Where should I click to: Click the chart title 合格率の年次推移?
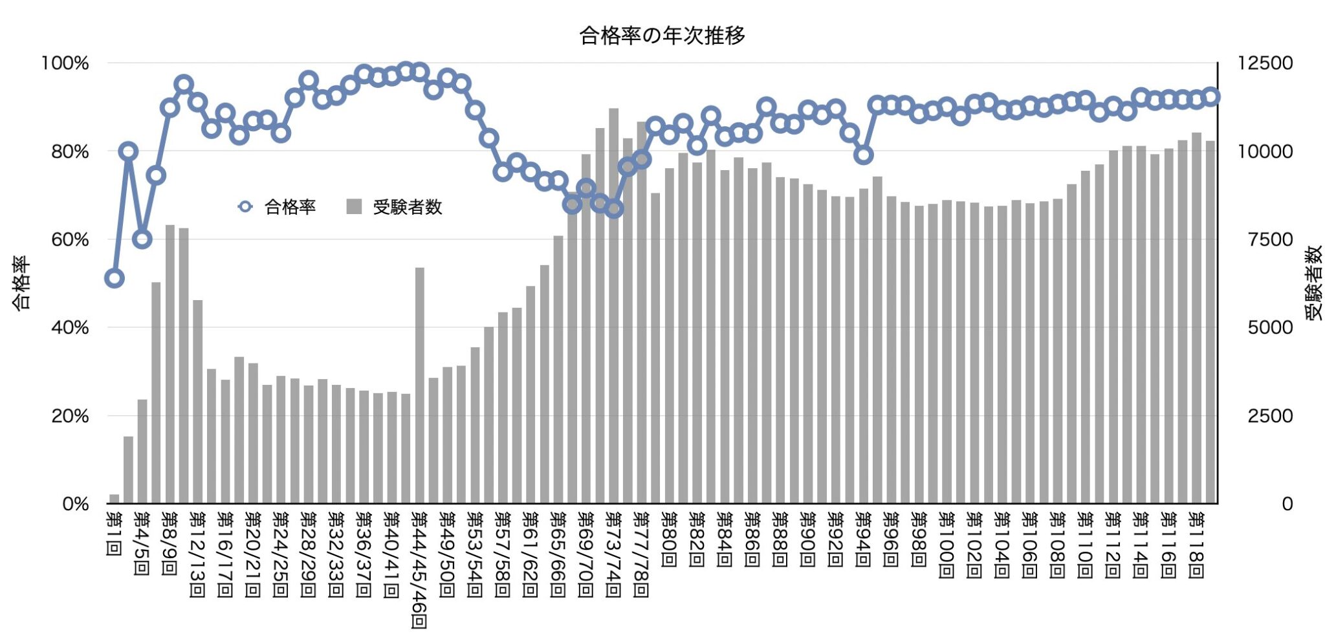(662, 36)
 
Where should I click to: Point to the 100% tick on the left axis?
(65, 63)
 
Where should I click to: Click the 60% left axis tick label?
(69, 240)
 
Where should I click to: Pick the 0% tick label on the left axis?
(75, 504)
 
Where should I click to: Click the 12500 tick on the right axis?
(1265, 63)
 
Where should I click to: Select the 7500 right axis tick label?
(1270, 240)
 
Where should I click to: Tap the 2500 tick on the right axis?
(1270, 416)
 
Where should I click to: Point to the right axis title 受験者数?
(1313, 283)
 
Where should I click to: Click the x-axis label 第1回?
(114, 534)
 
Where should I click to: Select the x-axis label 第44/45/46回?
(419, 569)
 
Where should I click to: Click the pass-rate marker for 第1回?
(115, 278)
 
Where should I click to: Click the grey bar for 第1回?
(115, 499)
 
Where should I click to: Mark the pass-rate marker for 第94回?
(863, 155)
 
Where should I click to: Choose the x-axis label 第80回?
(669, 539)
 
